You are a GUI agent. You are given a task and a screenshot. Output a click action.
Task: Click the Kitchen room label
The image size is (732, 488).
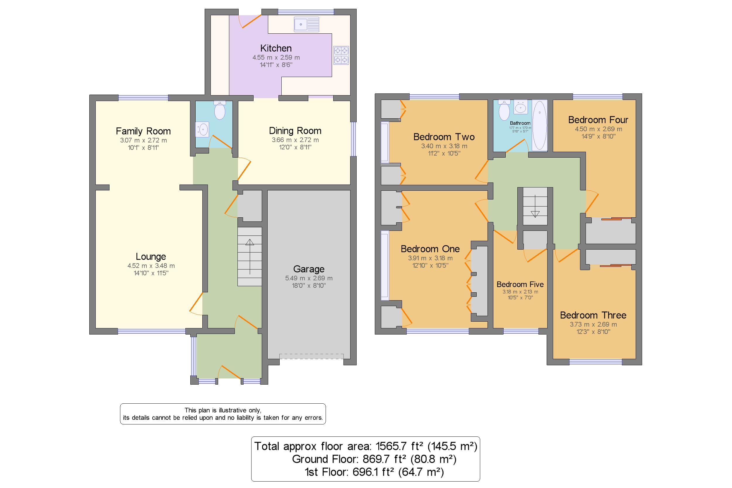tap(276, 48)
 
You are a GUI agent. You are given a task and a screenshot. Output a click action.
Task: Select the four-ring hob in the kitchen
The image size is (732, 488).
tap(341, 55)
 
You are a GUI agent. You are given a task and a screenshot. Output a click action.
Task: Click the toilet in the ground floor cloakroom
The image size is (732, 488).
tap(220, 110)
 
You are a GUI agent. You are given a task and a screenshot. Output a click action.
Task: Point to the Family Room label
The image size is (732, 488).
tap(143, 131)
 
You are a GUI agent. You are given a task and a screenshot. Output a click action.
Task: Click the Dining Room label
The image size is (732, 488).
tap(295, 131)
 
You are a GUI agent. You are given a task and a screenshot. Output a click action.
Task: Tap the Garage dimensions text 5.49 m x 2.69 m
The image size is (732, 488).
tap(309, 278)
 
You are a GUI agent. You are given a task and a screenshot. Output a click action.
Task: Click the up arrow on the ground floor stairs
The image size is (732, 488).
tap(249, 243)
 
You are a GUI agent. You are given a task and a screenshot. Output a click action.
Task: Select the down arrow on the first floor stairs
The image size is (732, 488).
tap(534, 214)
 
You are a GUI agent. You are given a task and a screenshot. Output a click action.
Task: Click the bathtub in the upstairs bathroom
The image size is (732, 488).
tap(539, 125)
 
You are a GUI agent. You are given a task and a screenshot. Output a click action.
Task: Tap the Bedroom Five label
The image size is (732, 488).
tap(519, 284)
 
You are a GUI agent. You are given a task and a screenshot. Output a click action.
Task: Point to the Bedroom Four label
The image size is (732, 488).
tap(598, 120)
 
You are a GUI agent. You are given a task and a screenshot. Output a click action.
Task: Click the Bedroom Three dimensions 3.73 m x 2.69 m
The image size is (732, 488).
tap(593, 324)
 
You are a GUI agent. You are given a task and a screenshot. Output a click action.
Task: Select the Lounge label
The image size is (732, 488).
tap(150, 257)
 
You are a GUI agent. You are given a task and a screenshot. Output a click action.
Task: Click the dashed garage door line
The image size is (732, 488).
tap(311, 356)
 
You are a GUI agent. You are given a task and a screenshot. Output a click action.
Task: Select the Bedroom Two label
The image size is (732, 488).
tap(444, 137)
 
